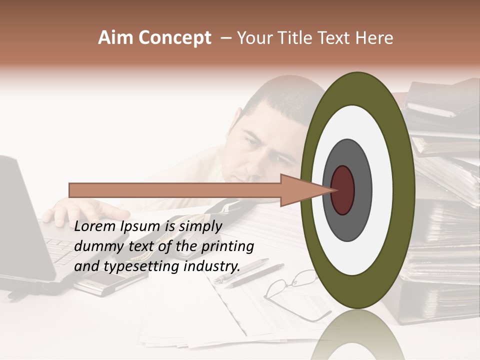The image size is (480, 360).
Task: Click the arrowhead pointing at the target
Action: click(x=305, y=190)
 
